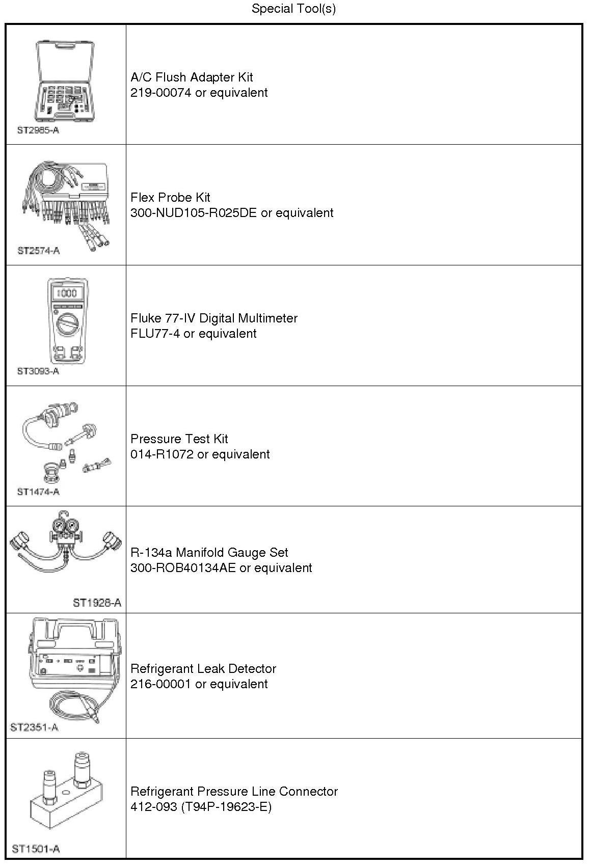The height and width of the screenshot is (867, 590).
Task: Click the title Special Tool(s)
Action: pos(293,9)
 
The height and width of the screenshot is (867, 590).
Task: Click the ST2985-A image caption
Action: pos(38,130)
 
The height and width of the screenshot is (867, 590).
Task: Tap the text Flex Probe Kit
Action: pos(170,198)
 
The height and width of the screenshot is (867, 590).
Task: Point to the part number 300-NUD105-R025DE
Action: pos(194,213)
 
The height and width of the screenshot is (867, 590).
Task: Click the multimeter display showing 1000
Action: pos(67,293)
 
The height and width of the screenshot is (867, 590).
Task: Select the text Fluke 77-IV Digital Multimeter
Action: pos(214,318)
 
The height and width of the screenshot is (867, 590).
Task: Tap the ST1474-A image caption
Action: pos(38,492)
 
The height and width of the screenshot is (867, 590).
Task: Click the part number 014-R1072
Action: pos(162,454)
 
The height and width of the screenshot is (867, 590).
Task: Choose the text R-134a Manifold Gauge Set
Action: pos(209,553)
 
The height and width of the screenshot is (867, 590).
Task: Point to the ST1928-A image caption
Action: pos(97,603)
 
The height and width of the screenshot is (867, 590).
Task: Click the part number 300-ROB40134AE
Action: pos(183,568)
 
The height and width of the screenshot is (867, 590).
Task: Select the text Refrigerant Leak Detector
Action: pos(203,669)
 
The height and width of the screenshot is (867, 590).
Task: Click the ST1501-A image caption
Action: pos(36,849)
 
